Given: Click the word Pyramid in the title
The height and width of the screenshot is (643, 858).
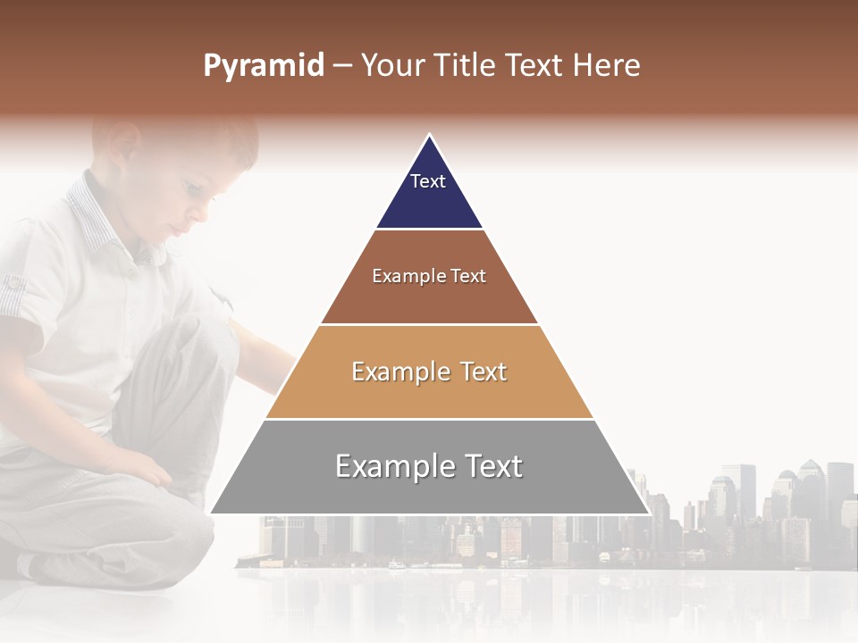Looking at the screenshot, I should coord(264,66).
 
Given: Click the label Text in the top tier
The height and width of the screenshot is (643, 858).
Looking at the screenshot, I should coord(428,181).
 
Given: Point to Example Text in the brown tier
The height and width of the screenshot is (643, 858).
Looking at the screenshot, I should coord(429,276).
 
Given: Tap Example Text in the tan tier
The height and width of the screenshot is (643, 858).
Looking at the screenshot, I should coord(429,372).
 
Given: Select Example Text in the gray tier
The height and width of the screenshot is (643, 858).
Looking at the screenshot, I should coord(429,466).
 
